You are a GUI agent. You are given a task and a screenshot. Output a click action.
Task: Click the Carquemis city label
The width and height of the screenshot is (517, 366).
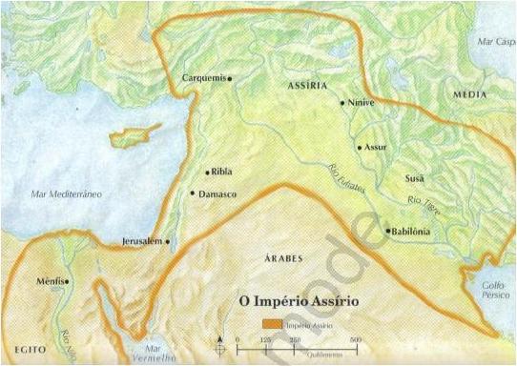(202, 78)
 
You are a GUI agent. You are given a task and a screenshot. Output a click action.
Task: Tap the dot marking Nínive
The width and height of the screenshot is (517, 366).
(341, 100)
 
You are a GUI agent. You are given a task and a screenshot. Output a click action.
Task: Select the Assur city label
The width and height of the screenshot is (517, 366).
(375, 148)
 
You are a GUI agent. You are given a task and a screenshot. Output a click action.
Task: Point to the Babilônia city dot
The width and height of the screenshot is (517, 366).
(386, 231)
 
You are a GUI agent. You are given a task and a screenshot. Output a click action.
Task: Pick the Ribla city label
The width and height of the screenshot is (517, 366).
(222, 173)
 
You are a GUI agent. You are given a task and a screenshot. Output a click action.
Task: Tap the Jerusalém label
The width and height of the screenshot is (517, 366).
(143, 242)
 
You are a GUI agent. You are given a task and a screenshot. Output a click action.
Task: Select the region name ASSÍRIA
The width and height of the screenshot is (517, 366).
(302, 86)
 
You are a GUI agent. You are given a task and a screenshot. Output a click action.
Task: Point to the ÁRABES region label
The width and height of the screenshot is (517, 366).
(277, 259)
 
